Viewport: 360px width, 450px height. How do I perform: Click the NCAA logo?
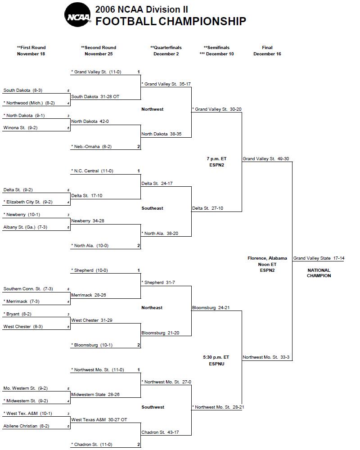pos(78,15)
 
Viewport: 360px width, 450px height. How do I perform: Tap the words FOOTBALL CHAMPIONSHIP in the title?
pos(171,21)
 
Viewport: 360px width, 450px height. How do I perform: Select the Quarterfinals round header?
pos(166,50)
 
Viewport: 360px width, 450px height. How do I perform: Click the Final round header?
pos(267,50)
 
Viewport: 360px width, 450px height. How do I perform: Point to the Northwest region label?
pos(152,109)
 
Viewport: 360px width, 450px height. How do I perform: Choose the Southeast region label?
pos(152,208)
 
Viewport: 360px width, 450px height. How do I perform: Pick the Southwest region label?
pos(153,407)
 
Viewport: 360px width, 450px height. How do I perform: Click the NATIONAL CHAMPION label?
pos(319,273)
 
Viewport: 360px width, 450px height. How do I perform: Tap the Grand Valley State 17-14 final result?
pos(319,258)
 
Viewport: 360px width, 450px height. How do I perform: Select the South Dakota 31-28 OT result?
pos(95,96)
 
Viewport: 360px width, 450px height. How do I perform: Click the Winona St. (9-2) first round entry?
pos(20,128)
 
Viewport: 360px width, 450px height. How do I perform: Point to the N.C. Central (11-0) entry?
pos(92,171)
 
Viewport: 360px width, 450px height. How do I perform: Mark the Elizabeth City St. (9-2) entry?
pos(28,202)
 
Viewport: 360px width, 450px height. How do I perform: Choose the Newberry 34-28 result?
pos(88,220)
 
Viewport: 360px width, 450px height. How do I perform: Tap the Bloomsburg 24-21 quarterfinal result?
pos(211,308)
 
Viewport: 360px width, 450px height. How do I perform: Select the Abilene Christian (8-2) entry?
pos(26,426)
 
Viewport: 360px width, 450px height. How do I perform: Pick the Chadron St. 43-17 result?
pos(160,432)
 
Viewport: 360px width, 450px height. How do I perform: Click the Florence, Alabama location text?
pos(267,258)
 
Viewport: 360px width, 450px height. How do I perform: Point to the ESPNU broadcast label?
pos(216,364)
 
